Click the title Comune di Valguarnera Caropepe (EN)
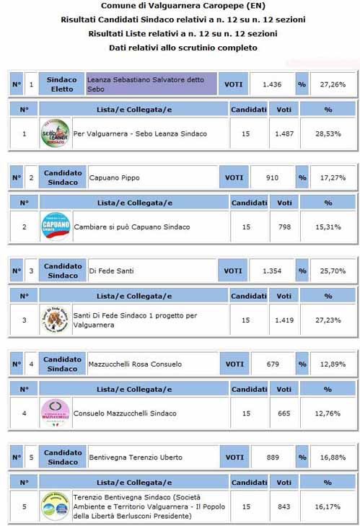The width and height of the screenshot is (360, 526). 180,6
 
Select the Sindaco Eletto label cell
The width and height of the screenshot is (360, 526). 62,84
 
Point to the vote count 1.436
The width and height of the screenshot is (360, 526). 272,84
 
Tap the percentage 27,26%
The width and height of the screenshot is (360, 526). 332,84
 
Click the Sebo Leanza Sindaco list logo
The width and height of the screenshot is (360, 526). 55,134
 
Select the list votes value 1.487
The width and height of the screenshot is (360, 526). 284,134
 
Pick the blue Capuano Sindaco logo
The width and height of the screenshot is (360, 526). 55,227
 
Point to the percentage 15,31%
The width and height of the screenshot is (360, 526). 328,227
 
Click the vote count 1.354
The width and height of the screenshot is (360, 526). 272,271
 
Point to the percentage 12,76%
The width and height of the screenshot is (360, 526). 328,413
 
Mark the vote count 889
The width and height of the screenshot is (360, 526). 272,457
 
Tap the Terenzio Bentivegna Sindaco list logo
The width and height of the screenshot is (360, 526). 55,507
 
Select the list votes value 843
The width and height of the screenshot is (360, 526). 284,507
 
